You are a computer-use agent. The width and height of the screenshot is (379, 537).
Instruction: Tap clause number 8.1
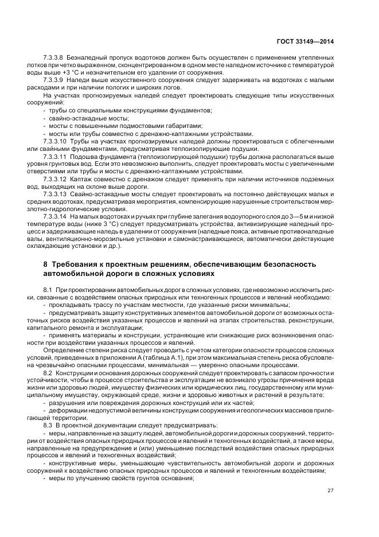click(x=48, y=290)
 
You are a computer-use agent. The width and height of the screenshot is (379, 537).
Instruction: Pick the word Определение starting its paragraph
click(x=62, y=349)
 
